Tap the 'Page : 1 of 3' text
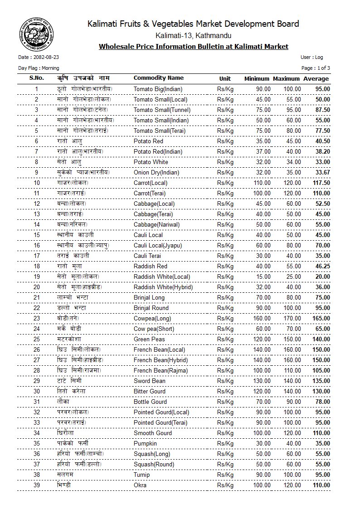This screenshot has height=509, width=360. coord(316,68)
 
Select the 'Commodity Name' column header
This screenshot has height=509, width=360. coord(158,78)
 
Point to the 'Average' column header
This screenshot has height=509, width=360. coord(316,78)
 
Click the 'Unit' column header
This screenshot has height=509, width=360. coord(225,78)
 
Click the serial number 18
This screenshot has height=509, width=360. coord(37,267)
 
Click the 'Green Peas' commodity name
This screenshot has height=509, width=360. coord(149,339)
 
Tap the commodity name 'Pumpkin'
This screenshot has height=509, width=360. coord(145,444)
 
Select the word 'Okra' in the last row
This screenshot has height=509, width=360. coord(141,485)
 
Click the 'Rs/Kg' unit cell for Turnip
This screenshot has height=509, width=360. coord(225,475)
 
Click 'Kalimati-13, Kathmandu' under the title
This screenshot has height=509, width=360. coord(193,35)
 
